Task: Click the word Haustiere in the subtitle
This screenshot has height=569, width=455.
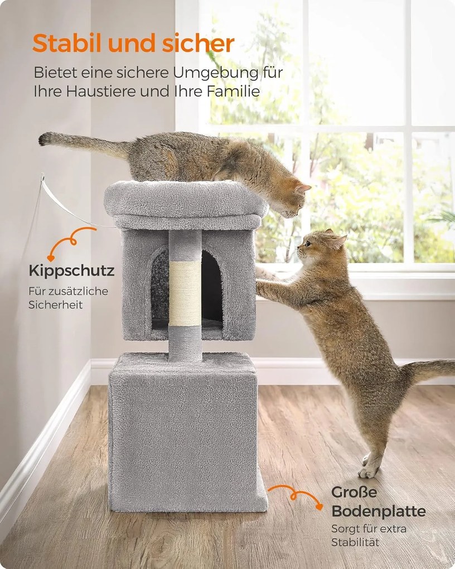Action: point(100,91)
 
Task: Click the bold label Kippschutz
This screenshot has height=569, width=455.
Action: point(71,271)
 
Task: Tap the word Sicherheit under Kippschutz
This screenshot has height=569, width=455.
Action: point(56,305)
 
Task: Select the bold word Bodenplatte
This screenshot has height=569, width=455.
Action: point(379,512)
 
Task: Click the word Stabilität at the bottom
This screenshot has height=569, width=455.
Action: point(355,543)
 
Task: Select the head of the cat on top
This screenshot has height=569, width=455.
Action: point(292,199)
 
